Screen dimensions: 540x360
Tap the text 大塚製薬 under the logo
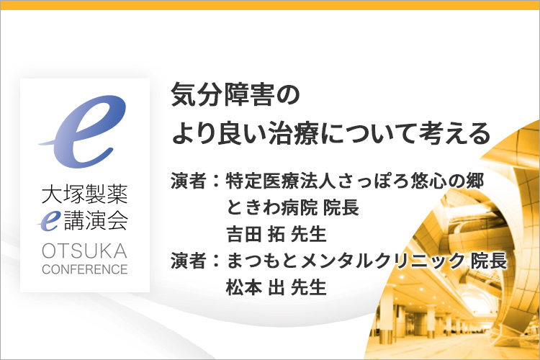85,194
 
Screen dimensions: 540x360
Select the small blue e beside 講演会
50,221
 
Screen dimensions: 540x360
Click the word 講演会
96,220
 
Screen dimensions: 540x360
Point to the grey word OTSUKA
84,251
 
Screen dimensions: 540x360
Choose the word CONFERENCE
85,269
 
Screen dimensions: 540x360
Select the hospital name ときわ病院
271,207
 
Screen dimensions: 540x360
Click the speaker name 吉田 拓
256,234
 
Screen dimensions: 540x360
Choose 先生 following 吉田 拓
309,234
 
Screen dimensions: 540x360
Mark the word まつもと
262,261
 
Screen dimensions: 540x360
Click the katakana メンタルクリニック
382,261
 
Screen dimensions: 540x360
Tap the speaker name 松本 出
256,287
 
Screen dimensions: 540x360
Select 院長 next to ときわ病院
341,207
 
